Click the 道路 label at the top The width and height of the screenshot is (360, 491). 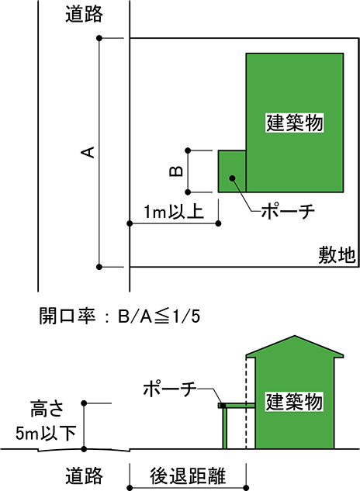(84, 14)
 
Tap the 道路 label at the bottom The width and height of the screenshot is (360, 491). (84, 475)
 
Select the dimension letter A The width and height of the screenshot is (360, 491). (88, 152)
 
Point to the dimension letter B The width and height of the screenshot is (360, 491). (176, 171)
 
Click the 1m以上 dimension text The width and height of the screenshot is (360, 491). (174, 211)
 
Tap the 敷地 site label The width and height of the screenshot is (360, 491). (337, 255)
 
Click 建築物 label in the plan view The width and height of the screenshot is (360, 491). (295, 123)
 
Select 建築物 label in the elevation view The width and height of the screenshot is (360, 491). (294, 402)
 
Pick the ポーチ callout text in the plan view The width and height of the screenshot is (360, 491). (289, 211)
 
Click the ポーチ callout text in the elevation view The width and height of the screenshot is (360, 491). (170, 389)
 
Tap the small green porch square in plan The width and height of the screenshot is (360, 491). (232, 171)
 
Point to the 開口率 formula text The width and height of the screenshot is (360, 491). (119, 316)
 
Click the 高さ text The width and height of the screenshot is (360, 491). (47, 409)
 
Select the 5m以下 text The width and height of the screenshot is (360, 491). (46, 434)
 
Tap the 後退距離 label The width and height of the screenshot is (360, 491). (188, 475)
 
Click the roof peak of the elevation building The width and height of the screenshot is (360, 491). (295, 336)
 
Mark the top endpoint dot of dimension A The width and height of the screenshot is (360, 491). (99, 38)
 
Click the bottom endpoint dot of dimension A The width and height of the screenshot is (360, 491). (99, 267)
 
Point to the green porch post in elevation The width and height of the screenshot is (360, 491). (225, 428)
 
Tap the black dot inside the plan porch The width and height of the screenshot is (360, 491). (232, 178)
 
